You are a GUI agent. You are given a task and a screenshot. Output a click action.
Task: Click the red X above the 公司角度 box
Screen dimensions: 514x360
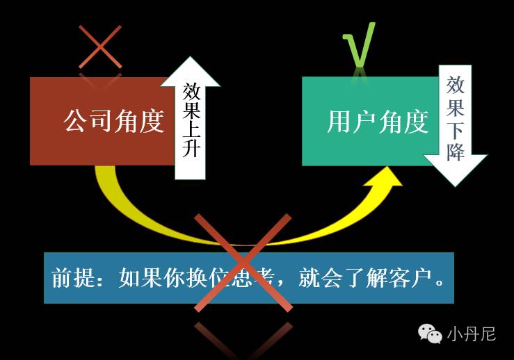[100, 47]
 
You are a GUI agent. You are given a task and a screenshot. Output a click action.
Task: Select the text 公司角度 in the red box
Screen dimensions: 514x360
[113, 122]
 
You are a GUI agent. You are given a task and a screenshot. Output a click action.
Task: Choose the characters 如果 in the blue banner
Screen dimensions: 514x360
[134, 279]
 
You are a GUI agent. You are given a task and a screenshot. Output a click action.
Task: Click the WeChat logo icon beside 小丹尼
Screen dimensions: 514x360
[430, 334]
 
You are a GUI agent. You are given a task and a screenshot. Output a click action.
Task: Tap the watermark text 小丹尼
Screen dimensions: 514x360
[471, 334]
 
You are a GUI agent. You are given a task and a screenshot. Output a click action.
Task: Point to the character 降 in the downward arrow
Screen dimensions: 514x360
[456, 152]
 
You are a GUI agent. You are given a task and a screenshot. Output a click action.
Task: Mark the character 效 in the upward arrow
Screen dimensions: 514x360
[192, 92]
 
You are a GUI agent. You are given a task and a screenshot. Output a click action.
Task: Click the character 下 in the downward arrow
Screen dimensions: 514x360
[456, 131]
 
